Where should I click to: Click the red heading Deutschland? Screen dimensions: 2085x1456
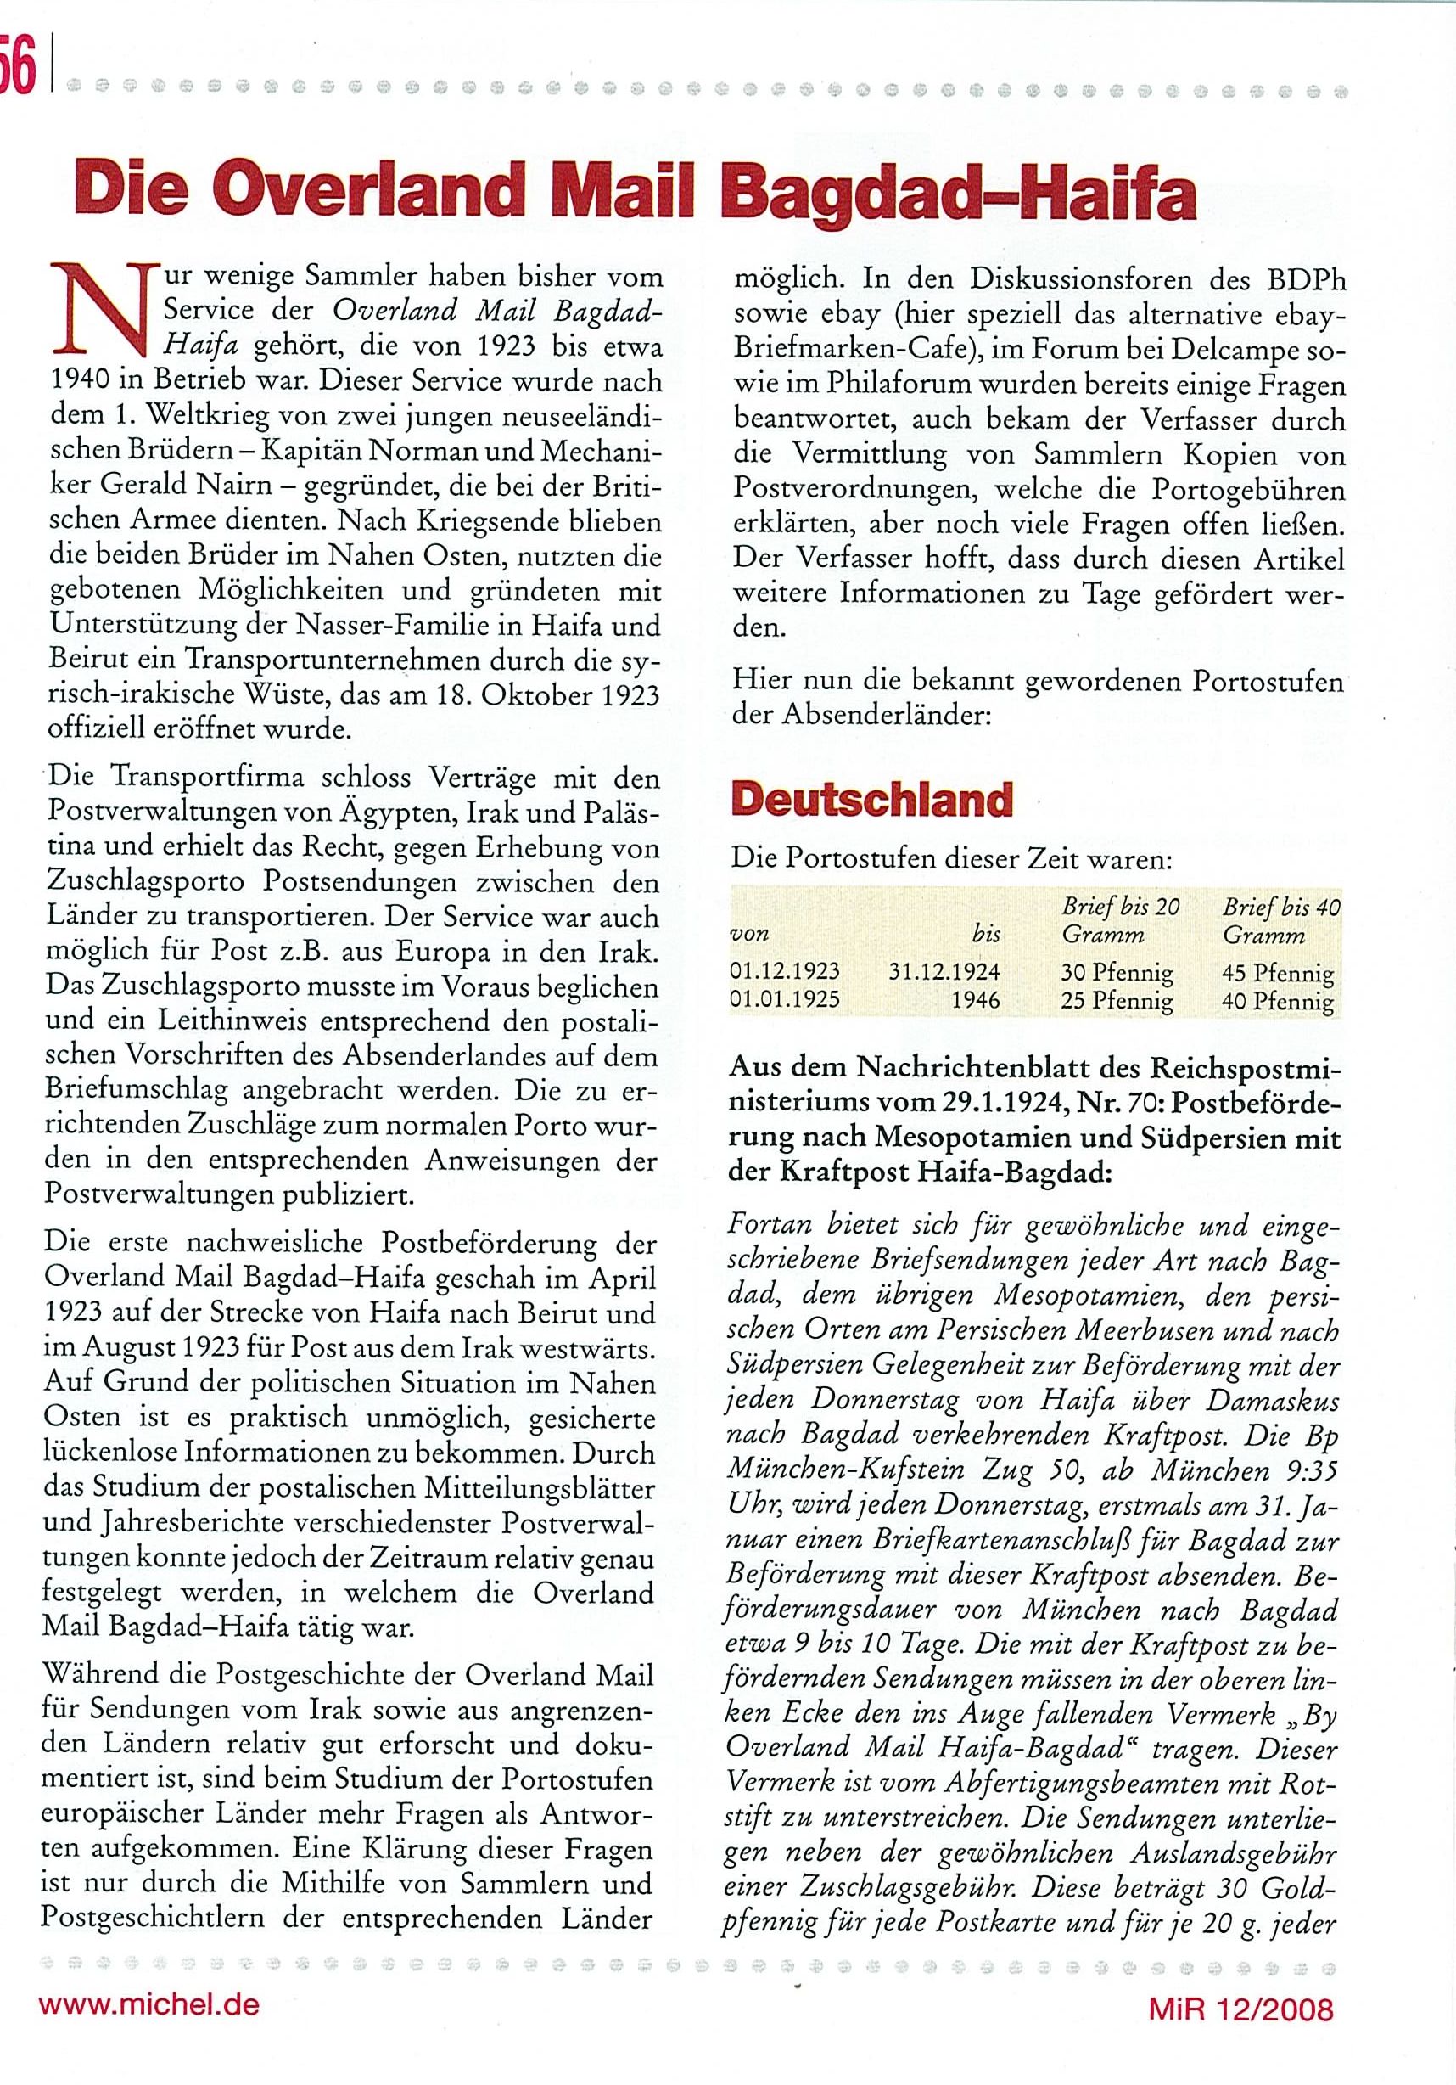(x=871, y=800)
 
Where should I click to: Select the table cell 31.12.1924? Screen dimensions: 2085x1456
(x=944, y=972)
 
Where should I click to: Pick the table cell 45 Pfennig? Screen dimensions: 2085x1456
(x=1278, y=974)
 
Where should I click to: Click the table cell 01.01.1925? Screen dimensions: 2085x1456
(x=785, y=1000)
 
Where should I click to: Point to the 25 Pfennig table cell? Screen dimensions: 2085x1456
(x=1117, y=1002)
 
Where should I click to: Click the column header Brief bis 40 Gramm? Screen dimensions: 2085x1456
(x=1280, y=920)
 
